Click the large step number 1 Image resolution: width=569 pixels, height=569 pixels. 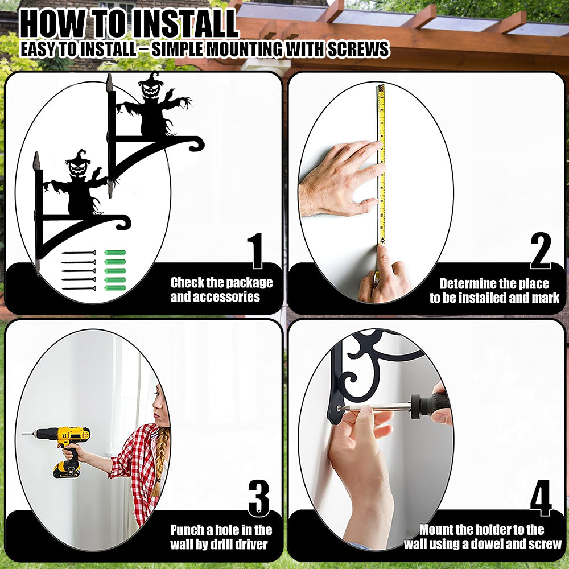256,250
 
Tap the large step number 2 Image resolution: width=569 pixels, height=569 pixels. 541,250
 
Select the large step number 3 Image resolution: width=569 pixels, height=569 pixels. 259,498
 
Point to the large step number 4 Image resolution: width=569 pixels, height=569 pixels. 541,498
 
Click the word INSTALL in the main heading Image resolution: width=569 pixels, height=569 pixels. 184,24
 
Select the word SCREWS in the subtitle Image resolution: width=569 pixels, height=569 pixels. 358,49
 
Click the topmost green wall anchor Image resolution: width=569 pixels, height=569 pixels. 115,253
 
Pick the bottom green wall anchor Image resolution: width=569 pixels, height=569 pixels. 115,288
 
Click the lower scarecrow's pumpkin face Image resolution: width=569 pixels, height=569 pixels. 79,168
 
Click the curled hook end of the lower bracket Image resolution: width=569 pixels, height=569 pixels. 123,222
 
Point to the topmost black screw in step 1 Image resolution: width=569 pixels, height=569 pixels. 79,253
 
